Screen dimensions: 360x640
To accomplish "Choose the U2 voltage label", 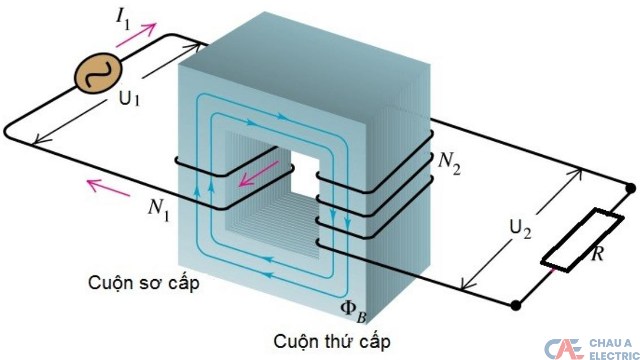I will click(x=519, y=230).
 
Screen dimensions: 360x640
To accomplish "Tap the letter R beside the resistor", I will click(x=596, y=254).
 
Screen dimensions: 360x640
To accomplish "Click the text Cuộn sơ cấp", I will click(x=144, y=283).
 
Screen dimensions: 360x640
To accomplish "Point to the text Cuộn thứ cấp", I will click(x=332, y=341).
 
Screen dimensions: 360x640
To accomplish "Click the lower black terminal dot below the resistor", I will click(x=515, y=306).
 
